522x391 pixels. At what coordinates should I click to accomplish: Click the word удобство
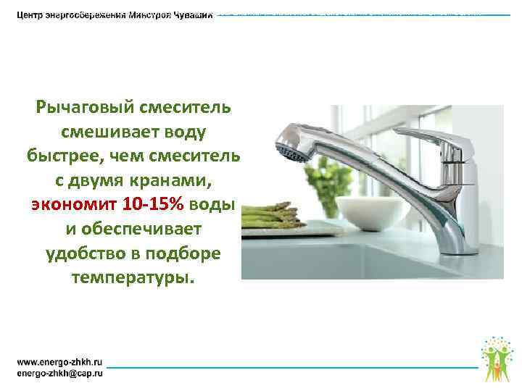(83, 254)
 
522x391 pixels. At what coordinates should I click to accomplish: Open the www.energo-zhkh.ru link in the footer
(59, 360)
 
